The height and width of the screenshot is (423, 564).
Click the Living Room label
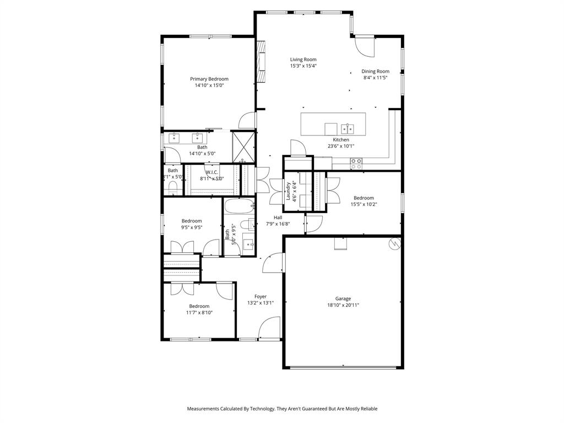303,59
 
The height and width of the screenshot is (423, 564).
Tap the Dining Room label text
375,71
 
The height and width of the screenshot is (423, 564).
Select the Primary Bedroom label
209,79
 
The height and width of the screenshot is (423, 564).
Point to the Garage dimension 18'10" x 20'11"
343,305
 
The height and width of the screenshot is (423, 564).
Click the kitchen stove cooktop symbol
356,162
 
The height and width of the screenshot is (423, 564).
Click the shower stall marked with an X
243,146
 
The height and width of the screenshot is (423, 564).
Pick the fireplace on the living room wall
261,62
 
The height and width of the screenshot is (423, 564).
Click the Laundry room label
288,191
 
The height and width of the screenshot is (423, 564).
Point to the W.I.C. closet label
212,172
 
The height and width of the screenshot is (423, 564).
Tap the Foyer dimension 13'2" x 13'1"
261,303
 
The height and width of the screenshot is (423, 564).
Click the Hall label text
278,218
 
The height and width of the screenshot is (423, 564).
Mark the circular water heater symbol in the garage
394,242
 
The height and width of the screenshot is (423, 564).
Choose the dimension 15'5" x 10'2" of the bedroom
364,204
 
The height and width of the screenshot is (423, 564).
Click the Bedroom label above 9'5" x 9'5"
192,221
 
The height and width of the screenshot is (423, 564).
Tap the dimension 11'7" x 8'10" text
199,312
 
